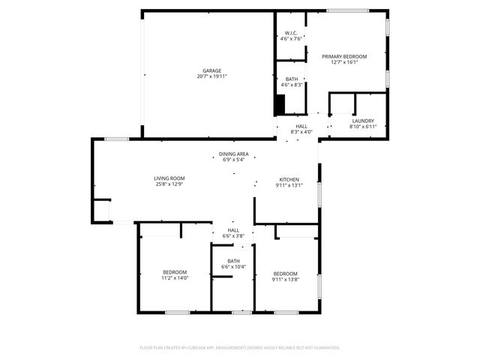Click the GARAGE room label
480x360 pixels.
click(211, 70)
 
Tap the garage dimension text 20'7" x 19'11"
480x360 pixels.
click(211, 76)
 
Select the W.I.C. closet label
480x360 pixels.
click(291, 33)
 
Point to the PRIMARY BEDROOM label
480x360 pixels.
click(344, 56)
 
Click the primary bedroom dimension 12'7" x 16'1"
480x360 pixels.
click(344, 62)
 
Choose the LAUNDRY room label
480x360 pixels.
click(363, 121)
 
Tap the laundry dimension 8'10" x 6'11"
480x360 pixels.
click(363, 126)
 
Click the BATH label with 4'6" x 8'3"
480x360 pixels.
click(291, 79)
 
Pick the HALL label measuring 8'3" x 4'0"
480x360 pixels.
click(301, 126)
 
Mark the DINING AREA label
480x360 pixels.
click(234, 154)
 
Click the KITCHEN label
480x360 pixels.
click(289, 179)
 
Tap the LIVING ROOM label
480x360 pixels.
click(169, 178)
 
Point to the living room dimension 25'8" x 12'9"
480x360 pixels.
click(169, 184)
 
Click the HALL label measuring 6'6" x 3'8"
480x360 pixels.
click(234, 230)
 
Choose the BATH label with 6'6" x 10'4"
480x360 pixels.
click(234, 261)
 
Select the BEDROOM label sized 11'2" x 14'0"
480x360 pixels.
click(175, 272)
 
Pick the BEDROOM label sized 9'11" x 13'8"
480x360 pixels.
click(285, 273)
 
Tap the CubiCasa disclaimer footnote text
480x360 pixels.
click(240, 347)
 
